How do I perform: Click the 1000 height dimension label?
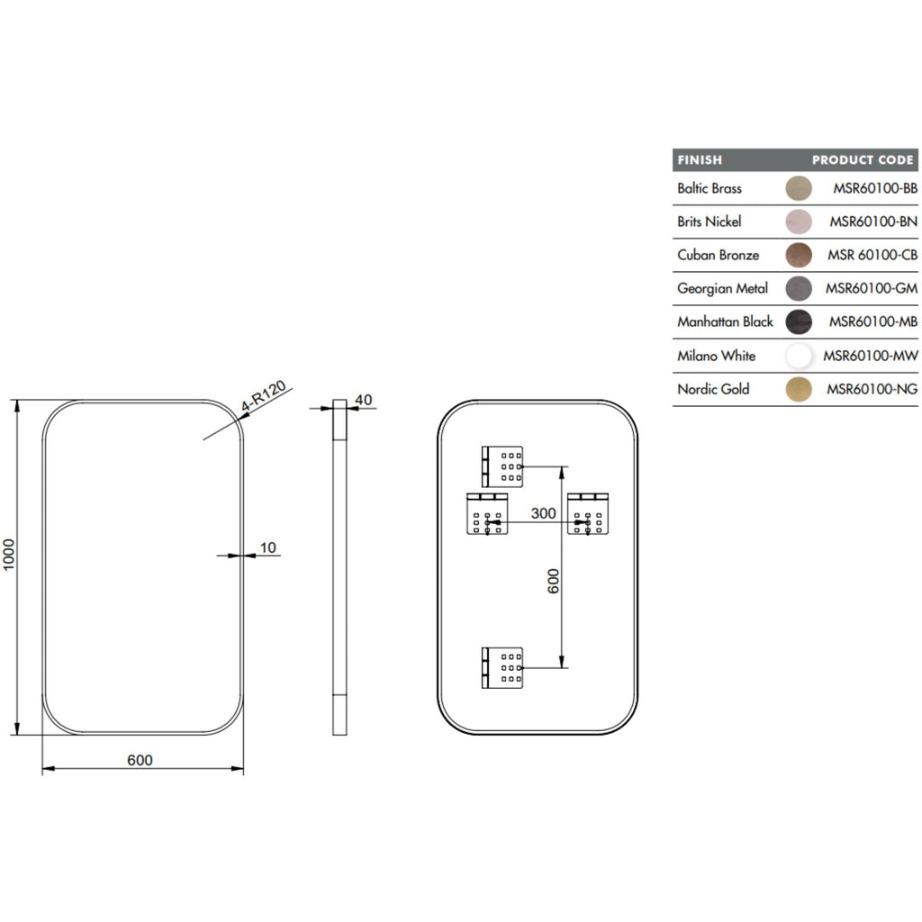[x=9, y=554]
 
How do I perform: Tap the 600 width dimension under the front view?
[x=140, y=760]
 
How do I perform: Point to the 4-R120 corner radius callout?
[x=264, y=396]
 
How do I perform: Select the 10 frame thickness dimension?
[x=268, y=547]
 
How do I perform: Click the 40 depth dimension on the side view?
[x=364, y=400]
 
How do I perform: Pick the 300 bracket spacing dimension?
[x=543, y=513]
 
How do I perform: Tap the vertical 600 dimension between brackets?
[x=554, y=581]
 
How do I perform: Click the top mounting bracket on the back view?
[x=502, y=467]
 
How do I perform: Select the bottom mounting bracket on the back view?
[x=502, y=668]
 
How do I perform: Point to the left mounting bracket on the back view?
[x=487, y=514]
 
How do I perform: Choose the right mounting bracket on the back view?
[x=588, y=514]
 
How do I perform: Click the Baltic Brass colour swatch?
[x=799, y=188]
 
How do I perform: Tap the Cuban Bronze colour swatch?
[x=799, y=255]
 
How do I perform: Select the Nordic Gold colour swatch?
[x=799, y=389]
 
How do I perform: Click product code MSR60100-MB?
[x=873, y=321]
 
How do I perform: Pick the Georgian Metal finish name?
[x=723, y=289]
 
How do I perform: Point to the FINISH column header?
[x=699, y=160]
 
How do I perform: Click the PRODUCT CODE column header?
[x=863, y=160]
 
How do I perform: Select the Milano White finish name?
[x=716, y=356]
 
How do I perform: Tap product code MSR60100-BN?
[x=873, y=221]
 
